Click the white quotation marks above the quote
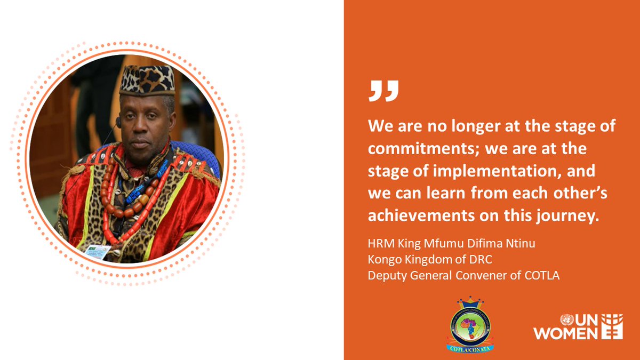pos(383,91)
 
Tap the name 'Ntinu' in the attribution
pos(518,244)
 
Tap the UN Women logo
pos(571,326)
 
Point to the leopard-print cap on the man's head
pos(147,80)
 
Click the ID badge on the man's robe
pos(97,252)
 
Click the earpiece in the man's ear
pos(118,122)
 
